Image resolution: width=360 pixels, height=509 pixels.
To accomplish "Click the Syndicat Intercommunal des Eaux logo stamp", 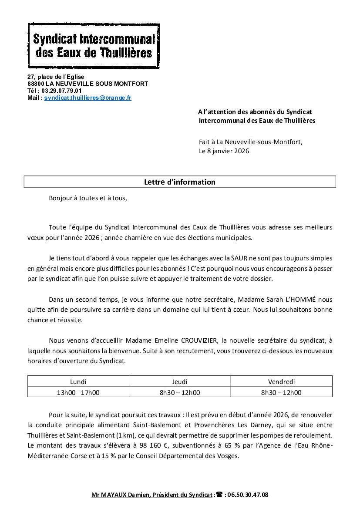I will pyautogui.click(x=94, y=46).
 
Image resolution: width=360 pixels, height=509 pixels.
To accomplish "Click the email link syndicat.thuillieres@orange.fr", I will pyautogui.click(x=87, y=98).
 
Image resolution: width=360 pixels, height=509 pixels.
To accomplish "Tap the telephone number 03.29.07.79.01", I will pyautogui.click(x=61, y=91).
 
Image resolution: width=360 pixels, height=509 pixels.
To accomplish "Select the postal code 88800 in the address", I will pyautogui.click(x=35, y=84).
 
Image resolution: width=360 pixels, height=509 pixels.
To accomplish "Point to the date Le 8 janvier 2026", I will pyautogui.click(x=224, y=151).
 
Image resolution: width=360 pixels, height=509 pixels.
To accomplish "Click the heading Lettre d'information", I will pyautogui.click(x=179, y=182).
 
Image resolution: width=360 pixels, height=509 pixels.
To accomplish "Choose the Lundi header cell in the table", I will pyautogui.click(x=78, y=382).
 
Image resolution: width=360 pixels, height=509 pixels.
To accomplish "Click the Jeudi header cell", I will pyautogui.click(x=180, y=382).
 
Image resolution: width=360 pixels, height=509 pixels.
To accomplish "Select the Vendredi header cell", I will pyautogui.click(x=281, y=382).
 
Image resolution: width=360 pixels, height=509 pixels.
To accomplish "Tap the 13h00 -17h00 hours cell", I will pyautogui.click(x=78, y=392).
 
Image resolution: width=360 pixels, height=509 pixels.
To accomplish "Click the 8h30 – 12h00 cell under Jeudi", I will pyautogui.click(x=180, y=392).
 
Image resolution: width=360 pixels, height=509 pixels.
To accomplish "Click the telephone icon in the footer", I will pyautogui.click(x=219, y=495).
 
